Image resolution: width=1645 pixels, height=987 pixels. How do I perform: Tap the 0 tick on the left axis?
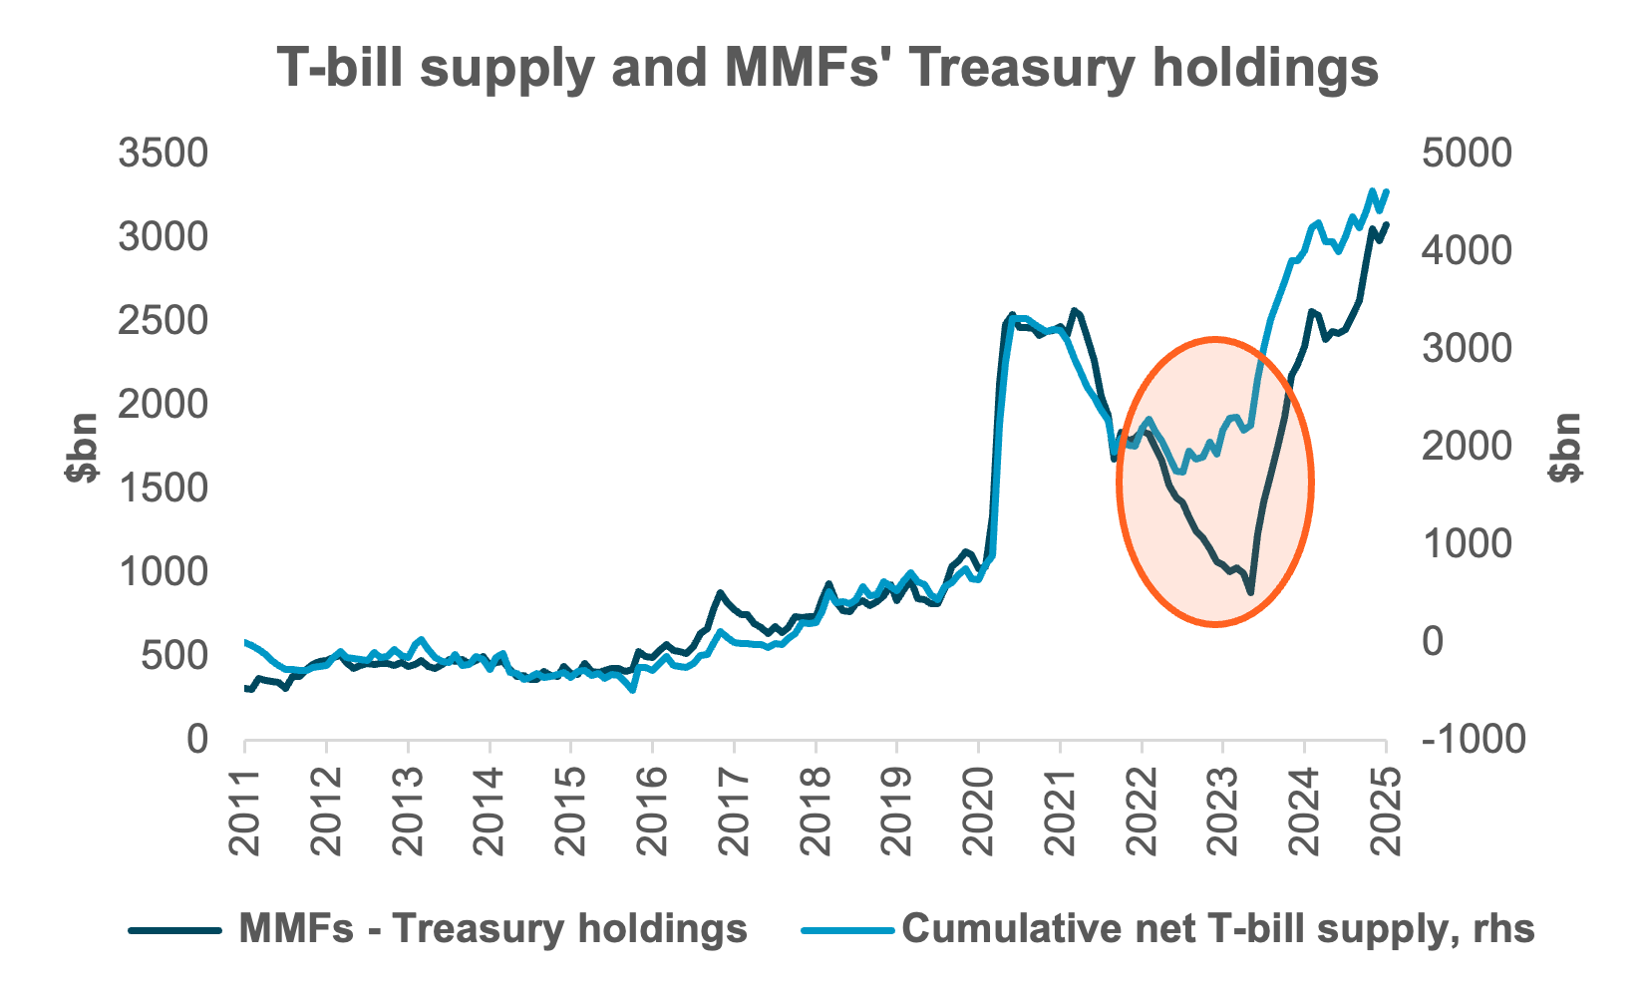[196, 739]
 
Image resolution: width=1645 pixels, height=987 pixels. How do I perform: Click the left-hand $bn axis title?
[82, 447]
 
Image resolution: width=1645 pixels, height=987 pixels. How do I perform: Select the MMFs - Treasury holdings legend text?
[493, 928]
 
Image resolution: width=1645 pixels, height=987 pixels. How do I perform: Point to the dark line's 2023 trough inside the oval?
[1250, 593]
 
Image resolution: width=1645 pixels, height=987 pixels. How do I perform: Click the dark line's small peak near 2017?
[720, 592]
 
